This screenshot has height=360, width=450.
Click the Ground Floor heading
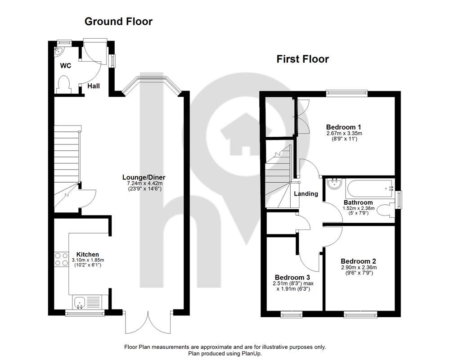(x=118, y=22)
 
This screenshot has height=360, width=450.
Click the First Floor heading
(x=302, y=59)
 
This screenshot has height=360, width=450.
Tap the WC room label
(x=65, y=66)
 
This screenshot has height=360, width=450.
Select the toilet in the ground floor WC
(x=64, y=85)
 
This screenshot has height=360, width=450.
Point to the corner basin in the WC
(x=58, y=51)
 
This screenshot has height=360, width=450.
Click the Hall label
(x=94, y=86)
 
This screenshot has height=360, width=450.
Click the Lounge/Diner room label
(x=144, y=177)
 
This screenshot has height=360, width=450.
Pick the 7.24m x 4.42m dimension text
(x=144, y=183)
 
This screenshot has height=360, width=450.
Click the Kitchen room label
(x=88, y=254)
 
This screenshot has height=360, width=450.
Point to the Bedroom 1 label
(x=343, y=127)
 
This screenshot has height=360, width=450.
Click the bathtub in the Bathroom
(x=370, y=188)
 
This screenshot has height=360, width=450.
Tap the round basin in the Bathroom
(x=334, y=184)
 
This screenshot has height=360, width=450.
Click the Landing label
(x=306, y=194)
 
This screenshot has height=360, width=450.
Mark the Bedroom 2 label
(x=358, y=261)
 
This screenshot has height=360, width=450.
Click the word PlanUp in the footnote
(x=252, y=353)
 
